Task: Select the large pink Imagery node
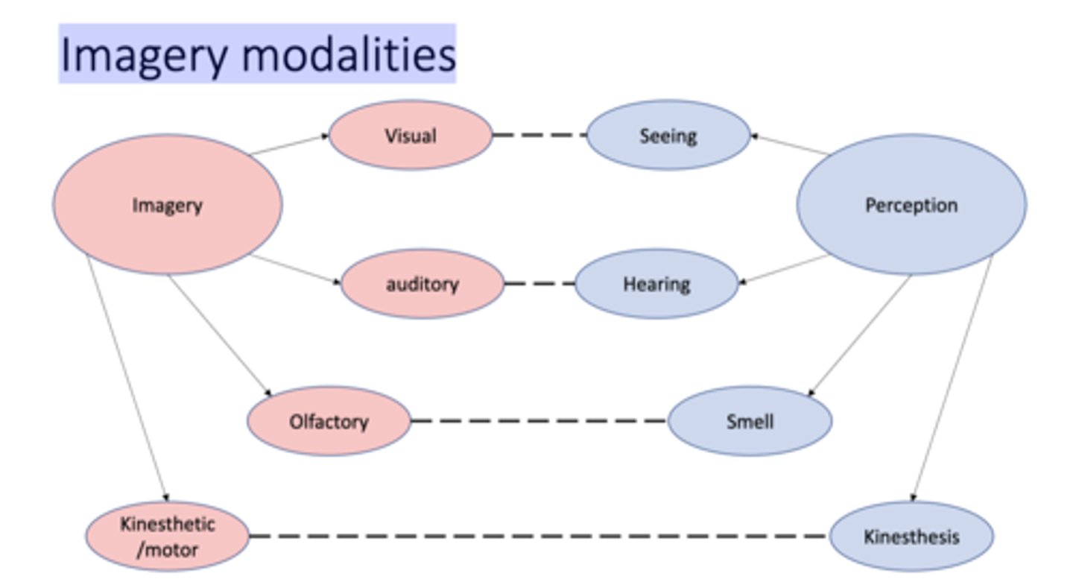click(x=167, y=205)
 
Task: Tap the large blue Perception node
click(x=911, y=205)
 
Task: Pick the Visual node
click(x=410, y=136)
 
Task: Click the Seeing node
click(x=668, y=136)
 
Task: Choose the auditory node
click(x=422, y=284)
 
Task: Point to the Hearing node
click(x=656, y=284)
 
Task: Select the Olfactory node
click(x=329, y=421)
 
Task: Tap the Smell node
click(x=750, y=421)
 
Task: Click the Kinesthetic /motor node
click(x=167, y=536)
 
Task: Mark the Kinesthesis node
click(x=911, y=536)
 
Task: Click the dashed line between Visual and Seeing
click(x=539, y=136)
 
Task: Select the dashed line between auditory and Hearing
click(x=539, y=284)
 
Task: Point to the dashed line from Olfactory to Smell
click(x=539, y=421)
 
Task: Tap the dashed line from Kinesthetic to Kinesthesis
click(x=539, y=536)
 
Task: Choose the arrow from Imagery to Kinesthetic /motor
click(x=127, y=376)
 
